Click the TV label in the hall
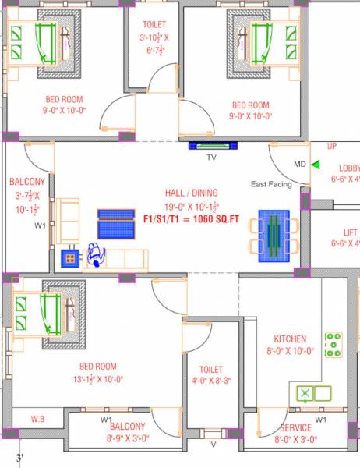pyautogui.click(x=210, y=158)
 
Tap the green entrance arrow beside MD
pyautogui.click(x=316, y=165)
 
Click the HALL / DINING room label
pyautogui.click(x=192, y=193)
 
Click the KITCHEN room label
pyautogui.click(x=289, y=339)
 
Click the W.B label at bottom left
pyautogui.click(x=37, y=420)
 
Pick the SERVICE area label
pyautogui.click(x=295, y=428)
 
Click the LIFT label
pyautogui.click(x=351, y=232)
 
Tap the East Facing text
pyautogui.click(x=271, y=184)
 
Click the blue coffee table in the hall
pyautogui.click(x=117, y=225)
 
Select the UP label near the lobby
pyautogui.click(x=332, y=147)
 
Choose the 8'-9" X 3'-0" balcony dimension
pyautogui.click(x=127, y=439)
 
